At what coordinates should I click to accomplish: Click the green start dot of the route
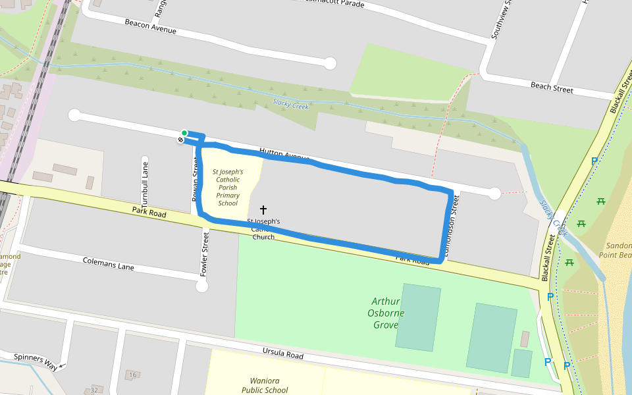(x=184, y=133)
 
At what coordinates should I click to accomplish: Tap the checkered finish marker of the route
(x=180, y=140)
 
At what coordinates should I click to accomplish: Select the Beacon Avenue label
(x=151, y=26)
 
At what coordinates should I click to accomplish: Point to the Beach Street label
(x=552, y=88)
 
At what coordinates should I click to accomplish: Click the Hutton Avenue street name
(x=284, y=155)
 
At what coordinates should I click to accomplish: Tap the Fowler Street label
(x=205, y=253)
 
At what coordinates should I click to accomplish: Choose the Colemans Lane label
(x=109, y=264)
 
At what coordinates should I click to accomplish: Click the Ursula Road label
(x=282, y=355)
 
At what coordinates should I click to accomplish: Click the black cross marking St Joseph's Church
(x=263, y=209)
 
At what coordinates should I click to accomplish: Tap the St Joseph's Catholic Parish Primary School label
(x=228, y=188)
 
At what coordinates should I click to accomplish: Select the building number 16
(x=132, y=375)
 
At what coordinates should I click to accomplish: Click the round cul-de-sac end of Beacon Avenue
(x=330, y=63)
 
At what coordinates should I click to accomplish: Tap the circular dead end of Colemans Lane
(x=201, y=286)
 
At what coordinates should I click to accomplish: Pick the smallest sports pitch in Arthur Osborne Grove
(x=521, y=363)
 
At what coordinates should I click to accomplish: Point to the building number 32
(x=94, y=390)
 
